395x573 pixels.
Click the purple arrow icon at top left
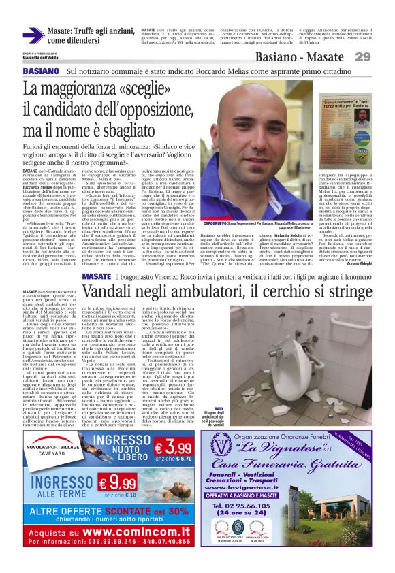click(x=33, y=35)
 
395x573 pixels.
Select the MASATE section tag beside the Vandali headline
click(x=96, y=276)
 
